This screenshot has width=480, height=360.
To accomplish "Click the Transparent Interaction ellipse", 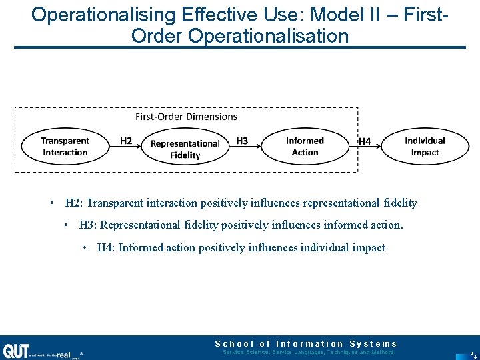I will click(65, 147).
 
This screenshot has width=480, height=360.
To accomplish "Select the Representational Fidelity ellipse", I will click(185, 149).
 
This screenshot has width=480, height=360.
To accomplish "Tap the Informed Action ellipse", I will click(305, 147).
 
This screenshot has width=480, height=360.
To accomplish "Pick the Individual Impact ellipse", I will click(425, 147).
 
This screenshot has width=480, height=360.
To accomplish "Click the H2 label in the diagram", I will click(126, 141).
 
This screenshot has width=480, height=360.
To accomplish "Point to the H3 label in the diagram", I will click(242, 141).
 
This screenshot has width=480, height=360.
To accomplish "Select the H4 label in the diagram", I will click(365, 141).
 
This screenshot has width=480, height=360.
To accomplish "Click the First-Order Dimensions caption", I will click(186, 117).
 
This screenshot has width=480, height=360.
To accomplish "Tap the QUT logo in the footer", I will click(15, 351).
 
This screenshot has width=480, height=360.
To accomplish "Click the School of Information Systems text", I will click(305, 343).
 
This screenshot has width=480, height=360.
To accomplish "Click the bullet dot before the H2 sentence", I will click(51, 203).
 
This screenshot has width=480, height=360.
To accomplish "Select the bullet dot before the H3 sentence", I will click(66, 225).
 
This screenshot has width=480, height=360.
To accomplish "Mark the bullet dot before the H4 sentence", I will click(85, 248).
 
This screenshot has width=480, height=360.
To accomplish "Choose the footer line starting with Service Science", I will click(308, 352).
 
